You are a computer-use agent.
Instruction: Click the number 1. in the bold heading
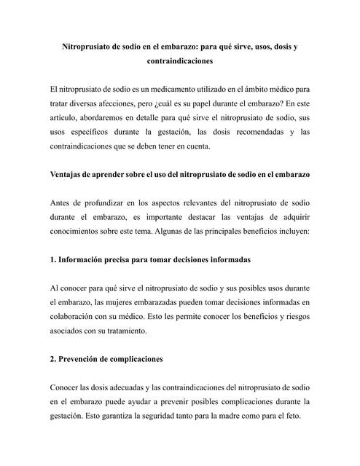pos(53,260)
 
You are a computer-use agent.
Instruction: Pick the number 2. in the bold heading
pos(53,360)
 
